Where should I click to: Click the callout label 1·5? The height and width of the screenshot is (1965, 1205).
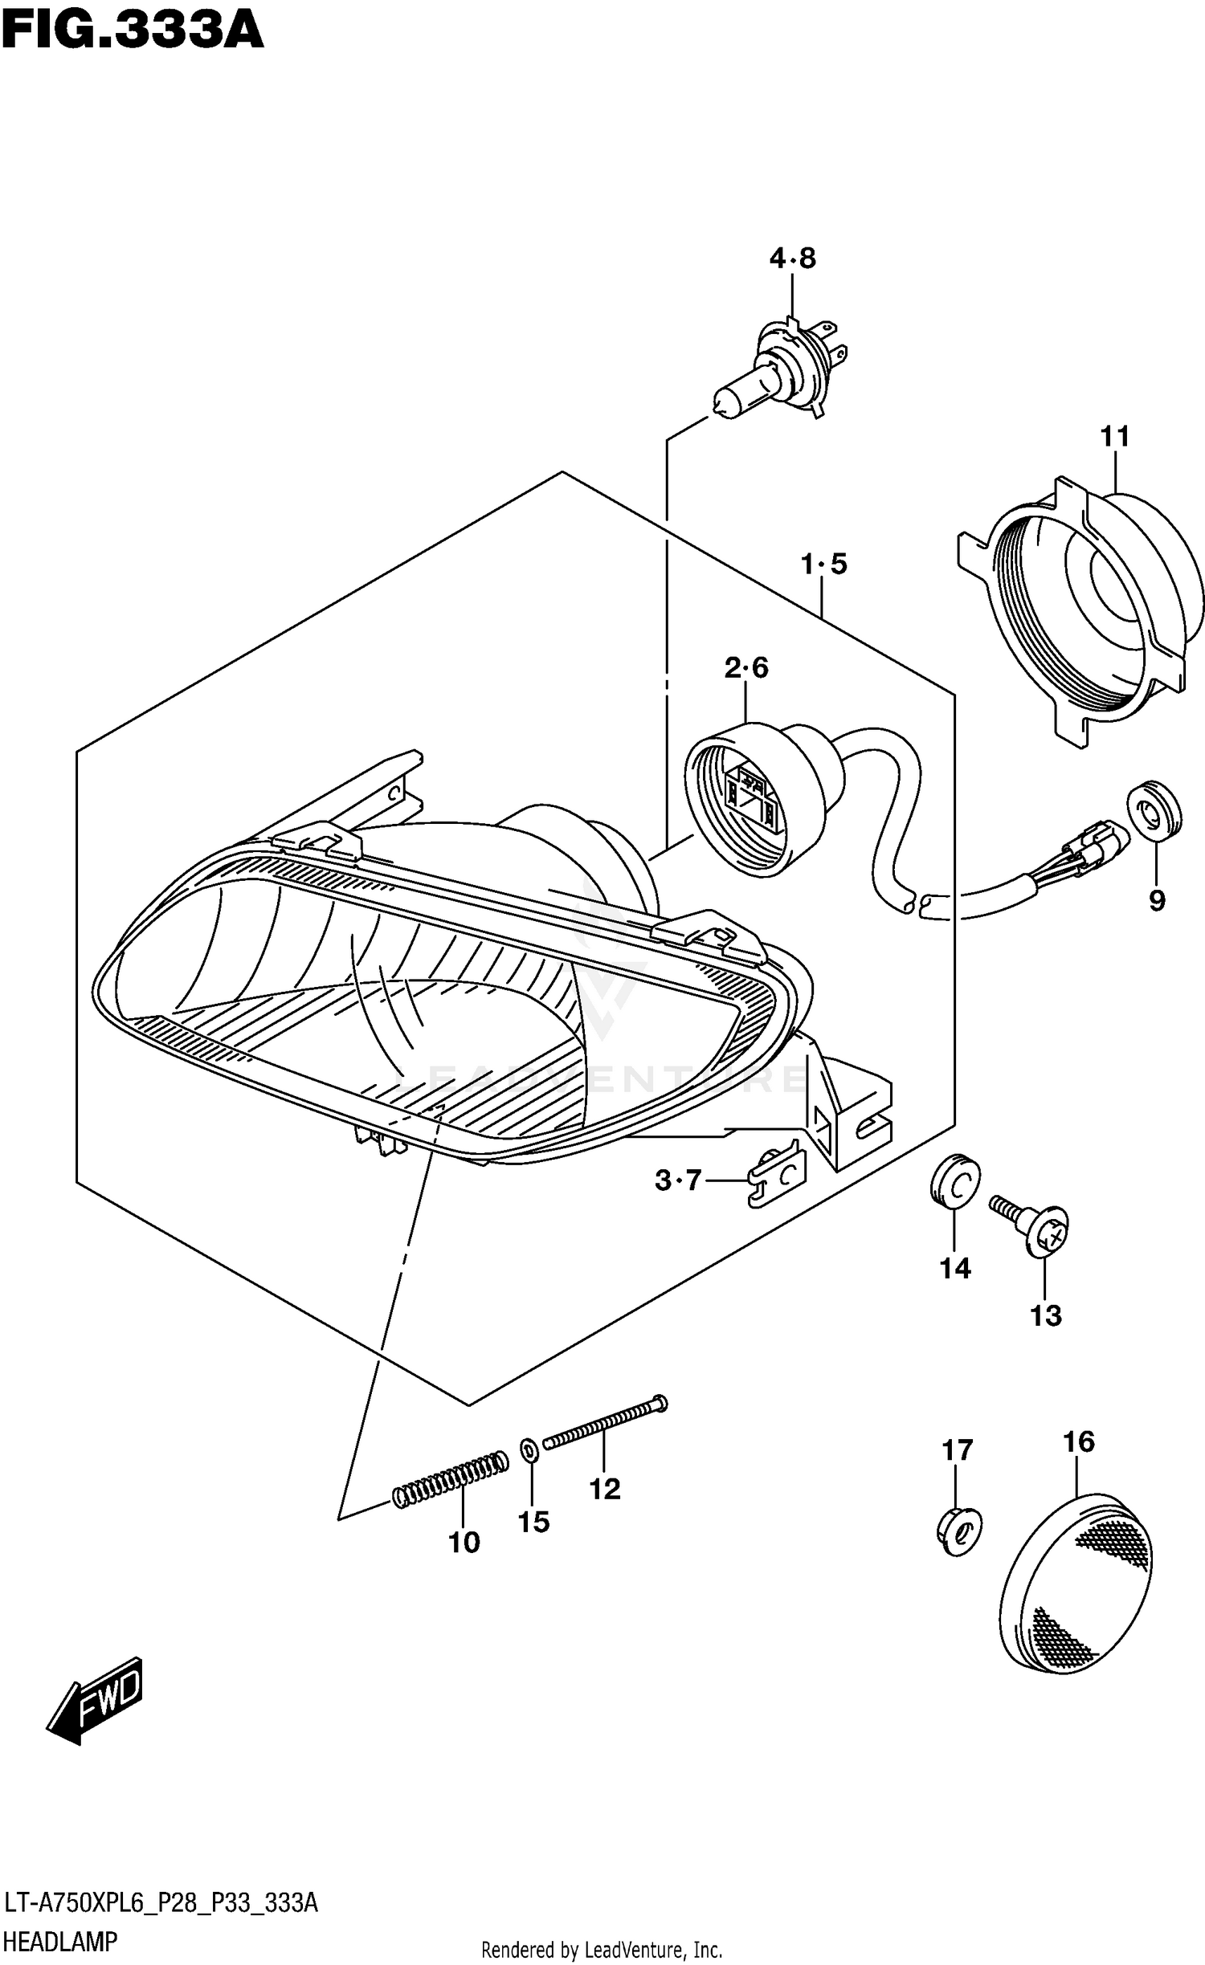[x=823, y=564]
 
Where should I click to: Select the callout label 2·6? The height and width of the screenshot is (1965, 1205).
[x=746, y=667]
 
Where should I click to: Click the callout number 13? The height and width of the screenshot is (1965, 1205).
[x=1045, y=1315]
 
